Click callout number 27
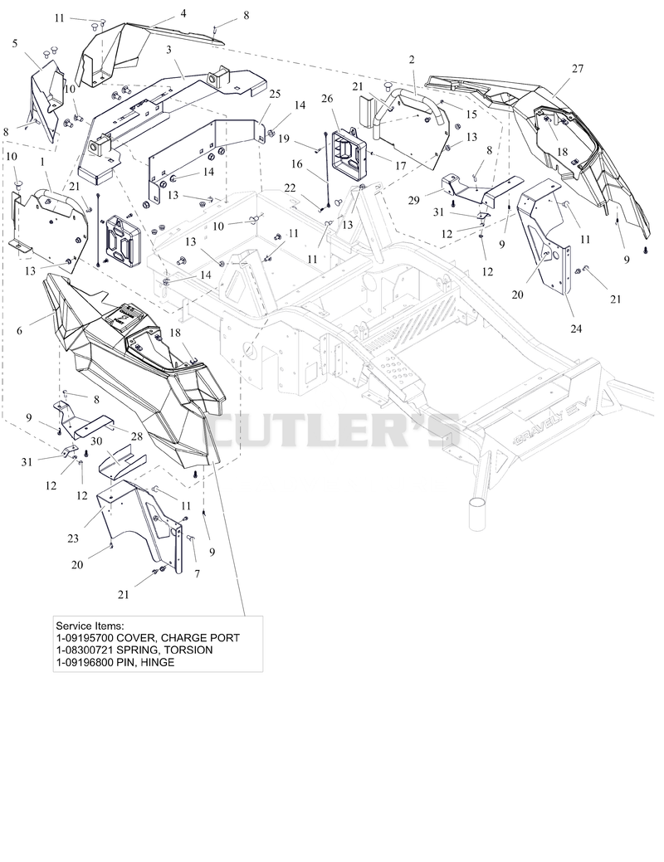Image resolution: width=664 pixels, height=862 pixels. [577, 69]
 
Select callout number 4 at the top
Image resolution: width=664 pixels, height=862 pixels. [183, 13]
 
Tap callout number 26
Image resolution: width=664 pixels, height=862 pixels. [327, 99]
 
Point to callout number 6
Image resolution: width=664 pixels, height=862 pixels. [20, 330]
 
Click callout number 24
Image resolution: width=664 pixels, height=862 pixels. [576, 329]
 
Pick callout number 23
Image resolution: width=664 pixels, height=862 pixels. [73, 538]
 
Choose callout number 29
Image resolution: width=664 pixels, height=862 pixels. [413, 201]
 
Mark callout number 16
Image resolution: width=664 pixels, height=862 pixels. [297, 164]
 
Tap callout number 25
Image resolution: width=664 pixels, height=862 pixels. [275, 94]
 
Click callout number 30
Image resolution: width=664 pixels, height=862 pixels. [96, 441]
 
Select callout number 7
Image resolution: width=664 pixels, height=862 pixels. [197, 573]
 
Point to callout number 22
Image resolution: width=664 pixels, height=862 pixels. [290, 188]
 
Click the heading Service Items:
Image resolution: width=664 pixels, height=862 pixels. [90, 626]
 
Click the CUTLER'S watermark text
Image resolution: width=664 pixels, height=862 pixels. [332, 431]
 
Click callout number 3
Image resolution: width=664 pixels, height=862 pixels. [168, 50]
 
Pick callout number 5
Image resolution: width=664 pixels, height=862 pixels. [15, 43]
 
